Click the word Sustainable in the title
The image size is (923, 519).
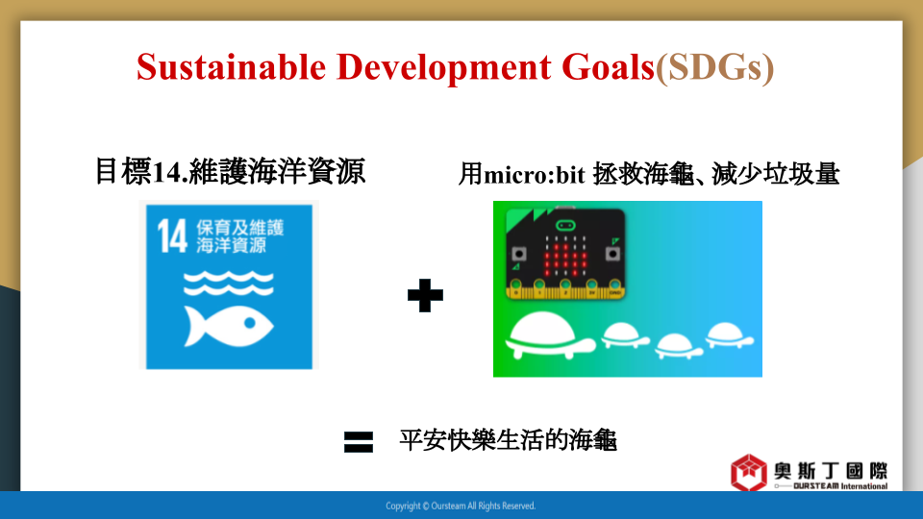(231, 66)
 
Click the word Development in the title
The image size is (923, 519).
(444, 67)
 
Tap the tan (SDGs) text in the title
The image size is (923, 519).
(714, 67)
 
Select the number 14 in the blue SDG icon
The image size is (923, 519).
(172, 236)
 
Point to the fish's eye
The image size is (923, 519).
(250, 323)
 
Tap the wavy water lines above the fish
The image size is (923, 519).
(229, 283)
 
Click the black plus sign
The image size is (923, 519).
(425, 295)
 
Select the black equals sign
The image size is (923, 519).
(359, 442)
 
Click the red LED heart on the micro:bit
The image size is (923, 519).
(565, 257)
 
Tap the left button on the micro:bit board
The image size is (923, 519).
(518, 254)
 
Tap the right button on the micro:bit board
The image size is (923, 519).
(612, 254)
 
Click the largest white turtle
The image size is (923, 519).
(550, 335)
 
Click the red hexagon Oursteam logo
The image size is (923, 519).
(749, 473)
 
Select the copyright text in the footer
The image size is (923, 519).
(461, 506)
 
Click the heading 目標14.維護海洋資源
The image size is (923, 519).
(230, 172)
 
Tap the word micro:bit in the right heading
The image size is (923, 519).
(534, 174)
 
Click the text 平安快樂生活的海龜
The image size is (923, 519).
(508, 440)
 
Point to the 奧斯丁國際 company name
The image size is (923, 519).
(831, 471)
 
